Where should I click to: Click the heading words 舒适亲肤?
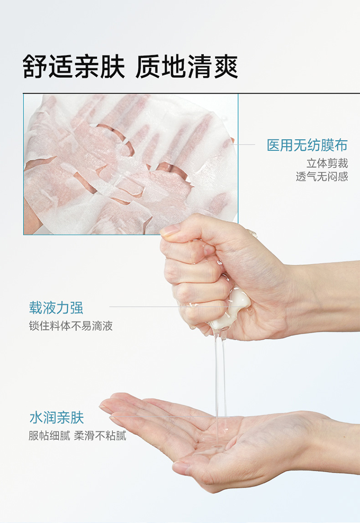(x=74, y=67)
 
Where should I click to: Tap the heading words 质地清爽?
(x=187, y=67)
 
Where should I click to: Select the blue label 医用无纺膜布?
(x=307, y=145)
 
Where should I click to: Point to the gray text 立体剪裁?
(x=327, y=163)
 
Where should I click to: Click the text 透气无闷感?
(x=322, y=176)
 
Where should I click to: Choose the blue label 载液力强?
(x=56, y=308)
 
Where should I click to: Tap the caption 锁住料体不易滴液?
(x=71, y=325)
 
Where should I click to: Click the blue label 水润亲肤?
(x=56, y=417)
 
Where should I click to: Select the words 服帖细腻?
(x=49, y=436)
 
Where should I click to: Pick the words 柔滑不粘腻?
(x=100, y=436)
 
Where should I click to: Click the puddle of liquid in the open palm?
(x=214, y=444)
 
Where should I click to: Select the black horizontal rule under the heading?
(x=191, y=94)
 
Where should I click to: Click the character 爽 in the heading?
(x=226, y=67)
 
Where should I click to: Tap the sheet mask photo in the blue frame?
(x=131, y=164)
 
